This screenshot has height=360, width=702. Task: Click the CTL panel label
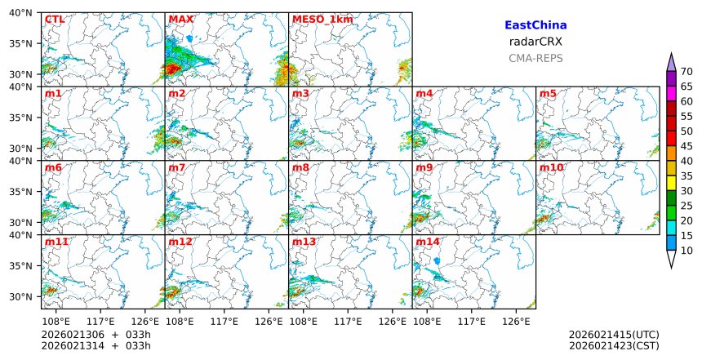54,20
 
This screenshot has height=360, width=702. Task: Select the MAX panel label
180,20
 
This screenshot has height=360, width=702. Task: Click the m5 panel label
548,94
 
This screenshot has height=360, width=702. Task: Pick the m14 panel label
428,242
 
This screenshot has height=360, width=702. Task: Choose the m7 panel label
177,168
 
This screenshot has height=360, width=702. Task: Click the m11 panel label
56,242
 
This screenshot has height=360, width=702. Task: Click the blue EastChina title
535,26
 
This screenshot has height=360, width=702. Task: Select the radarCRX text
535,42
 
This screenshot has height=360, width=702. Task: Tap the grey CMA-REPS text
535,58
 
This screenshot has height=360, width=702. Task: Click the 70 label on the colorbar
686,71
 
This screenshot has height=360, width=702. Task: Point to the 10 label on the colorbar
686,251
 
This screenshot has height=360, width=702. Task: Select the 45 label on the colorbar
686,146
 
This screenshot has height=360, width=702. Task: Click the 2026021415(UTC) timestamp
614,335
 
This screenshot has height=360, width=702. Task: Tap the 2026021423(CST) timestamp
614,346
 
